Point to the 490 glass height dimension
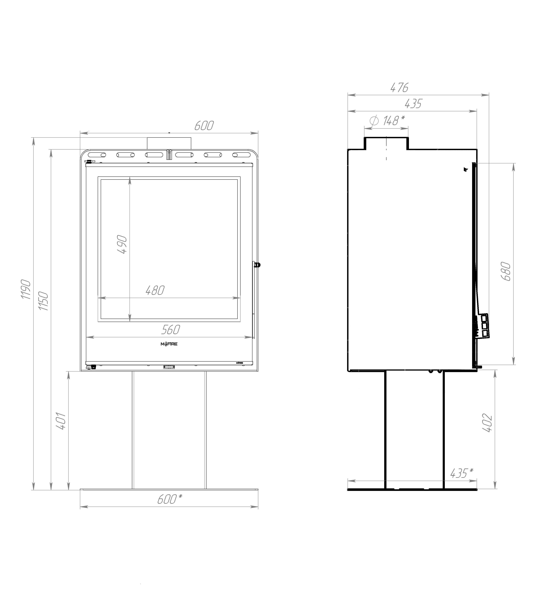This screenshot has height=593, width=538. (122, 244)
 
